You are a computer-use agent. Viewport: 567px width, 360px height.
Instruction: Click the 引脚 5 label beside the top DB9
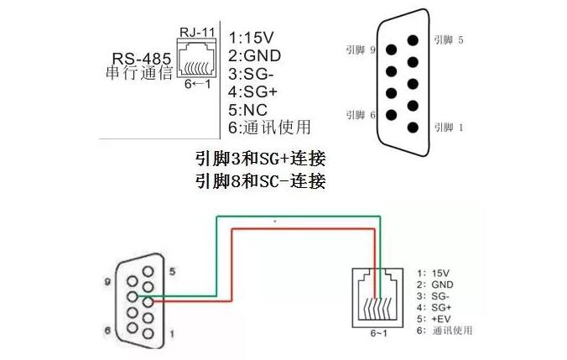point(448,39)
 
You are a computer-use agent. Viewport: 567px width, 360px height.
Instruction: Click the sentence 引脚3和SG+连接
point(260,159)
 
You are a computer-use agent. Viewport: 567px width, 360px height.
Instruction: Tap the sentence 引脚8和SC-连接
point(260,181)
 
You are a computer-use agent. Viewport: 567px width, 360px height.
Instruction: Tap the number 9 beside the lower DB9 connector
point(108,283)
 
